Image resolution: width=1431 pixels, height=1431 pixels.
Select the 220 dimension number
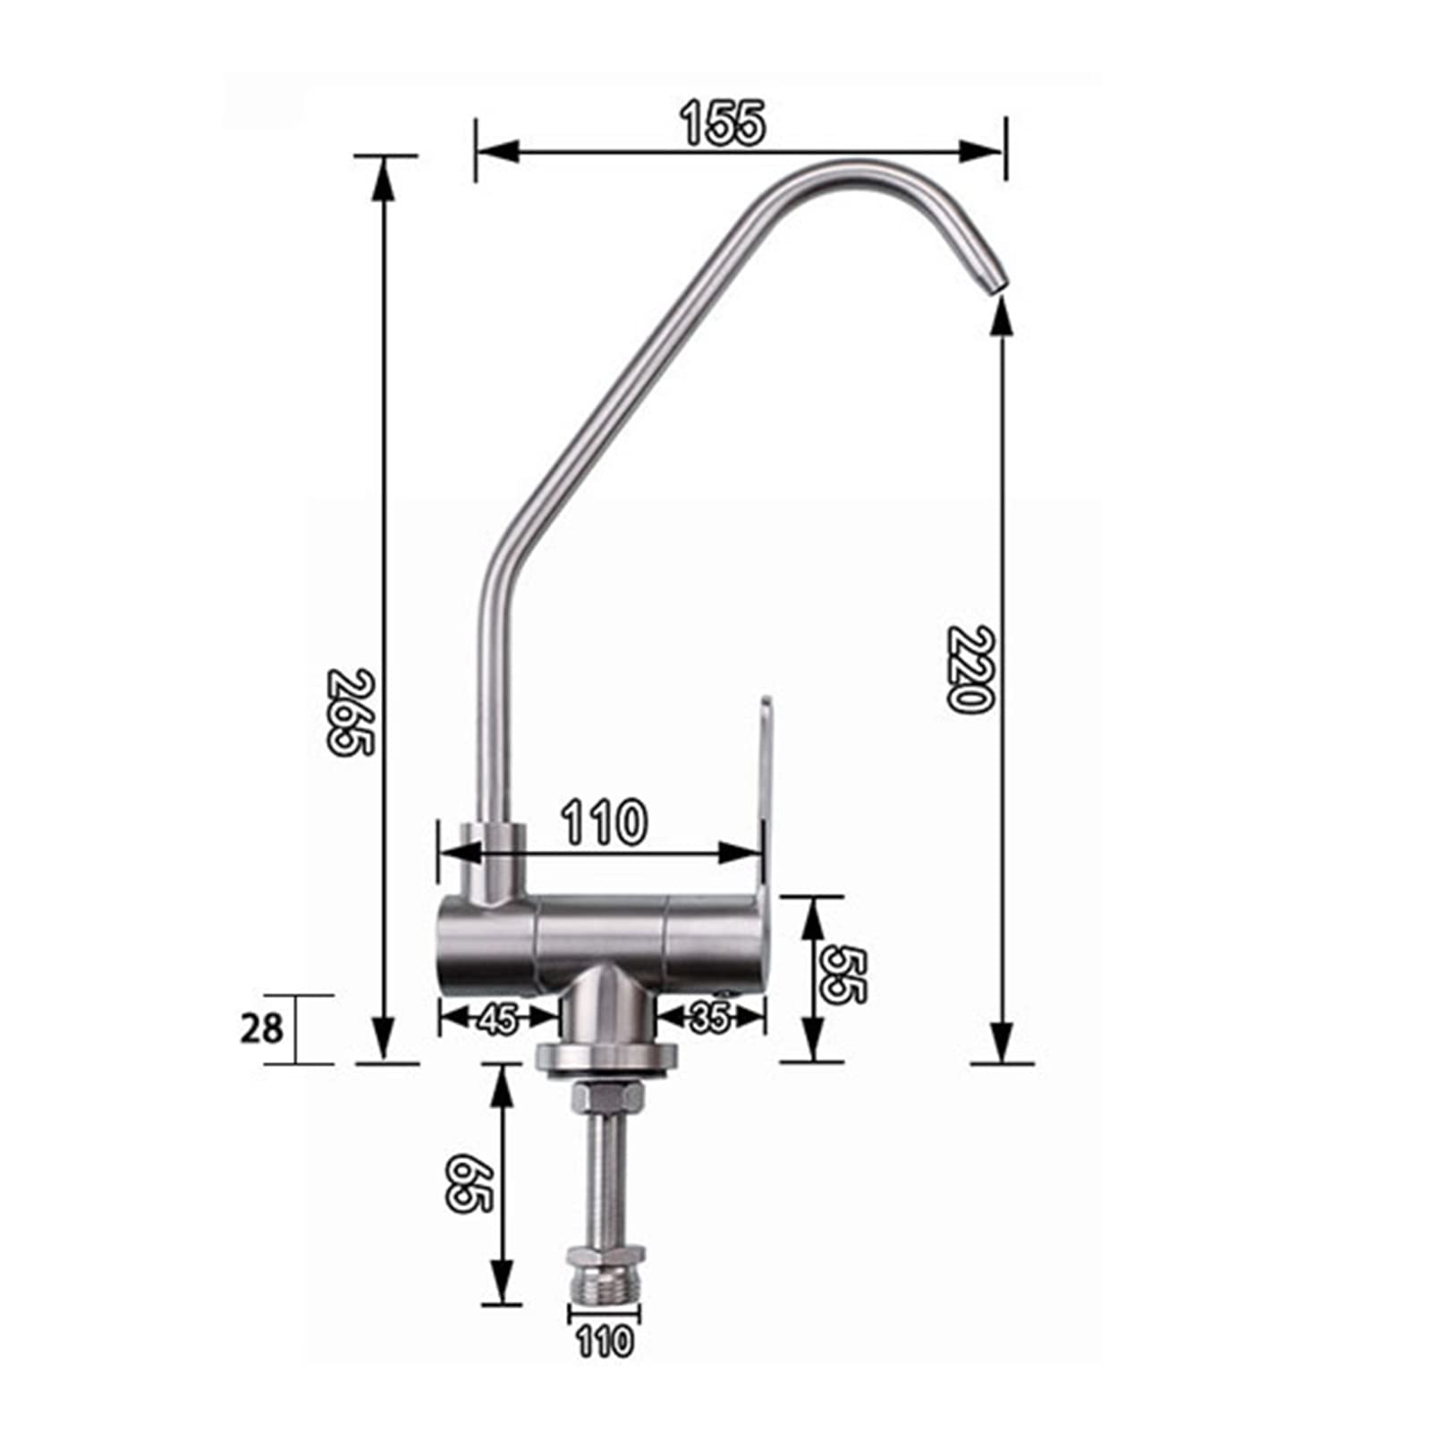coord(970,668)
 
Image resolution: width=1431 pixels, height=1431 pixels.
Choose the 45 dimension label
coord(498,1019)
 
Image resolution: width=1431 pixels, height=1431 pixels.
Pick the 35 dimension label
coord(710,1017)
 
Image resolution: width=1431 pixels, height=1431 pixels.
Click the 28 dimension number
coord(261,1029)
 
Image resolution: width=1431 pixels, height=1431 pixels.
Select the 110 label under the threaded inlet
coord(604,1342)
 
